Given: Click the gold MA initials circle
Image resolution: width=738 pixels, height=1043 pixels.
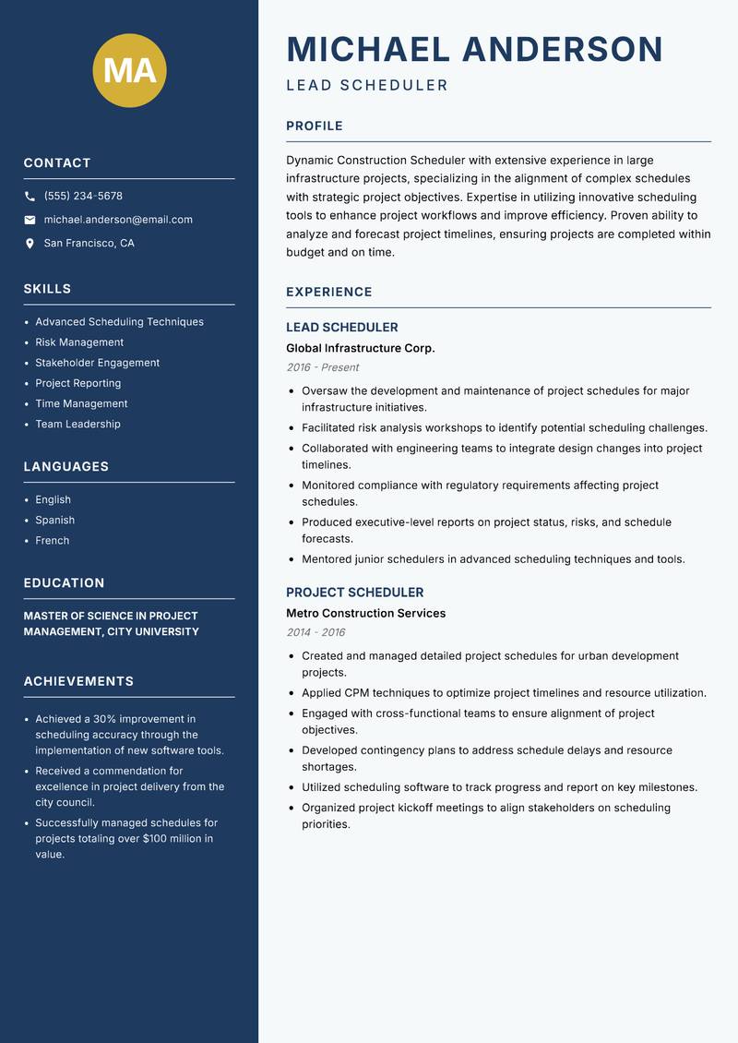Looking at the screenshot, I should pyautogui.click(x=130, y=71).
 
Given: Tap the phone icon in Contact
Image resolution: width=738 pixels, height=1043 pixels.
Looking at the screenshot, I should pyautogui.click(x=30, y=197).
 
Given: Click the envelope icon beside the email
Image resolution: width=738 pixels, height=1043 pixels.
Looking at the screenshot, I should pyautogui.click(x=30, y=220).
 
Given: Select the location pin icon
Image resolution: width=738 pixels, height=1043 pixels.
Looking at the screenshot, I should pyautogui.click(x=30, y=244).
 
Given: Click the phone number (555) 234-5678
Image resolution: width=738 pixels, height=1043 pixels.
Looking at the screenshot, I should pyautogui.click(x=83, y=197).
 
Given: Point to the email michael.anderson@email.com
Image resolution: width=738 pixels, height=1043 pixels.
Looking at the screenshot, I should pyautogui.click(x=118, y=220).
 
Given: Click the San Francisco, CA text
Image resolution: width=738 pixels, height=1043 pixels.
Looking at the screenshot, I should pyautogui.click(x=89, y=244).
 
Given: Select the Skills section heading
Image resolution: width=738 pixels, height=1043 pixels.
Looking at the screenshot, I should pyautogui.click(x=47, y=289).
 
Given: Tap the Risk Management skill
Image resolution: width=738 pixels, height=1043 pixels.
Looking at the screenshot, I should pyautogui.click(x=79, y=342).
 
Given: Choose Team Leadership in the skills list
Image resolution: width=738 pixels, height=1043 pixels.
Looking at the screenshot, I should pyautogui.click(x=77, y=425).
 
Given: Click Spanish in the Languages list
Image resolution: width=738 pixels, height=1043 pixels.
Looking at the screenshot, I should pyautogui.click(x=54, y=521).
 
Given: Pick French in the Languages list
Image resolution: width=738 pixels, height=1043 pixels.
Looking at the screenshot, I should pyautogui.click(x=52, y=541).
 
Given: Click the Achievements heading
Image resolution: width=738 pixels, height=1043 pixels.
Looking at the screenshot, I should pyautogui.click(x=78, y=681).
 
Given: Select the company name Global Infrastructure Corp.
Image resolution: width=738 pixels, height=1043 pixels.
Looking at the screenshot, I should pyautogui.click(x=360, y=348).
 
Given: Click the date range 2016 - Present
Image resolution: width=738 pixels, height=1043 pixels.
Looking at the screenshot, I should pyautogui.click(x=322, y=367).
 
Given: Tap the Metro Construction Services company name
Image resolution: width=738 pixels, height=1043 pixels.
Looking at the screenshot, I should pyautogui.click(x=365, y=613).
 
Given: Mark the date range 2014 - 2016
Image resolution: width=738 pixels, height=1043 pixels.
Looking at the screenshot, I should pyautogui.click(x=315, y=632).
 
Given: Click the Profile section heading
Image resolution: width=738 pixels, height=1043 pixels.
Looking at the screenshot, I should pyautogui.click(x=314, y=126).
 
